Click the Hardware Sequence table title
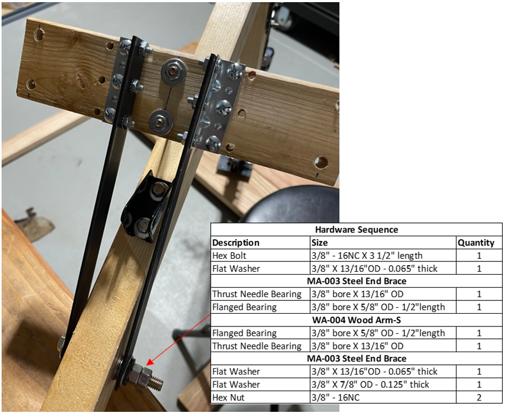click(x=356, y=229)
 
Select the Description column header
click(x=236, y=242)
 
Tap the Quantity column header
click(x=476, y=242)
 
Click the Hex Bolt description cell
click(x=229, y=256)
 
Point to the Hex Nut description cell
click(x=228, y=397)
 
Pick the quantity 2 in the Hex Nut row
click(x=479, y=397)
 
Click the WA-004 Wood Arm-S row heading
click(x=356, y=320)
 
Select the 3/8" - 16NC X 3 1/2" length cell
click(x=367, y=256)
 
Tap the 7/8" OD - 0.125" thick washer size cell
click(x=370, y=385)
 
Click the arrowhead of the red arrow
click(x=149, y=364)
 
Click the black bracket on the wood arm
click(x=145, y=206)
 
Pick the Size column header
click(x=320, y=242)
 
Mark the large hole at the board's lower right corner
click(x=321, y=163)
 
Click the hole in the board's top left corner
click(x=39, y=35)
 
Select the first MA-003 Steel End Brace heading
click(x=356, y=281)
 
